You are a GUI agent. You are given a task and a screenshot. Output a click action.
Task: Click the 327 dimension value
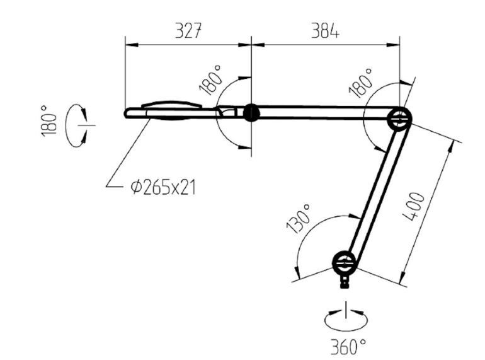click(189, 31)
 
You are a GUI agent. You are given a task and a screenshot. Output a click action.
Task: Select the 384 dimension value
click(325, 31)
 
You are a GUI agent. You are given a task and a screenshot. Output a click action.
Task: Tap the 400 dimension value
click(414, 206)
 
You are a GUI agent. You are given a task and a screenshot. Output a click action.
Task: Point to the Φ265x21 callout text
click(163, 188)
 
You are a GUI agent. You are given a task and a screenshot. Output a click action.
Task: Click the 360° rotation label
click(348, 347)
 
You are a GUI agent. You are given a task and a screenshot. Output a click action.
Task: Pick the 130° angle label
click(299, 219)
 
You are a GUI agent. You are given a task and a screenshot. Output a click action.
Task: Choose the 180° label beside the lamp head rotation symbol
click(49, 120)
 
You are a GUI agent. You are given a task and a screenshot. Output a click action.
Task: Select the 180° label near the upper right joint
click(361, 83)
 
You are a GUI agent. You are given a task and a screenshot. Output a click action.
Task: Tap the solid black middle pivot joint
click(251, 113)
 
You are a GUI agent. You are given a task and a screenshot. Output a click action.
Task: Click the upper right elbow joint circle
click(399, 119)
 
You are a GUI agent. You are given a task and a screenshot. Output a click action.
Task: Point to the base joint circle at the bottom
click(345, 264)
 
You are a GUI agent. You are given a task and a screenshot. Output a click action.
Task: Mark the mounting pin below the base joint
click(345, 282)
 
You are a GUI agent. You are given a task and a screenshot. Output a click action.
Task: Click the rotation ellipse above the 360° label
click(346, 319)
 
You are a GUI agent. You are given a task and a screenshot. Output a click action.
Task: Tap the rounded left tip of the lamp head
click(127, 113)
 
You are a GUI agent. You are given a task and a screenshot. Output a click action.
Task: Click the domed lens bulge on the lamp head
click(172, 104)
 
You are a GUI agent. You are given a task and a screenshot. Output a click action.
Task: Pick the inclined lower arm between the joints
click(372, 191)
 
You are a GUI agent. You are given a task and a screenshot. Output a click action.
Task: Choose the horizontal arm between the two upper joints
click(324, 113)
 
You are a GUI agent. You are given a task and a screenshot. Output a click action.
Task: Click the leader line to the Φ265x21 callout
click(128, 153)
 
